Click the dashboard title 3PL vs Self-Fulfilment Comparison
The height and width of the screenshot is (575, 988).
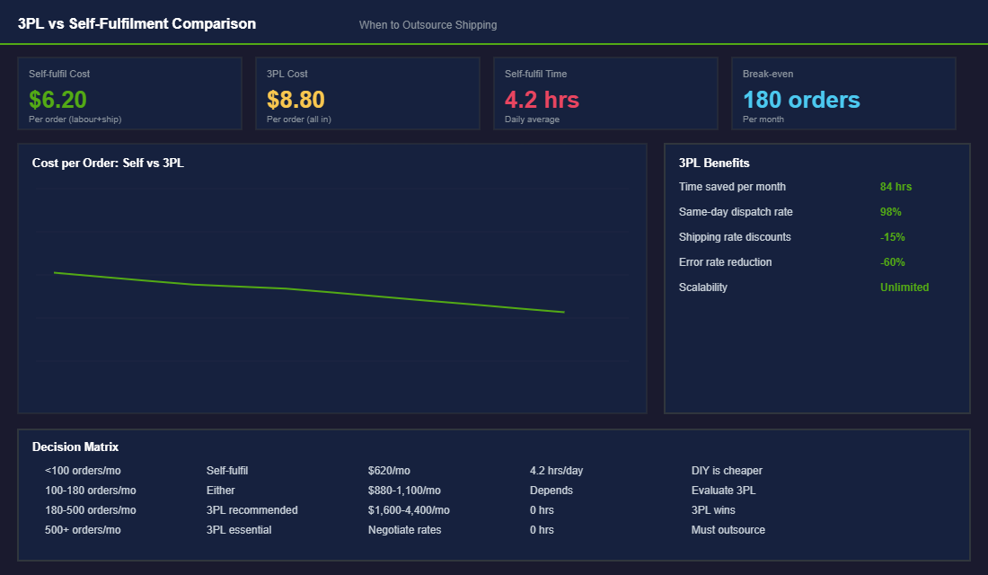(x=137, y=24)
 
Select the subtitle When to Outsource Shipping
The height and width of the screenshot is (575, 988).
(x=428, y=25)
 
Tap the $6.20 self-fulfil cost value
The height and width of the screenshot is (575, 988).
(x=57, y=100)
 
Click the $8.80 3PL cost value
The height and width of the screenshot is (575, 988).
(x=296, y=100)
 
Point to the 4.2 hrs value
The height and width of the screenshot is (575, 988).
(x=542, y=100)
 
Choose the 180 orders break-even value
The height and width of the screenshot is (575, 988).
(x=801, y=100)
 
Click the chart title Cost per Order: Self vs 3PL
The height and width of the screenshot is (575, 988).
(x=108, y=163)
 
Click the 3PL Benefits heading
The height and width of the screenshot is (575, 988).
(x=714, y=163)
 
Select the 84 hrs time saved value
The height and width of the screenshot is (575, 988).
(x=895, y=187)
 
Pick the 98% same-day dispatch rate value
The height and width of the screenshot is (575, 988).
(x=890, y=212)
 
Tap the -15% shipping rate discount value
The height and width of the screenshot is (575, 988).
(x=892, y=237)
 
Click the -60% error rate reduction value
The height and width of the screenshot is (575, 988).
(x=892, y=262)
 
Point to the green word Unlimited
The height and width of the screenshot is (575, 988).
(x=904, y=287)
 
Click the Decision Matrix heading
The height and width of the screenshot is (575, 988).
(x=75, y=447)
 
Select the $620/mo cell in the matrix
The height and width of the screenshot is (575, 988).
(x=389, y=471)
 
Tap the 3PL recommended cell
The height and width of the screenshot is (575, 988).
(x=251, y=510)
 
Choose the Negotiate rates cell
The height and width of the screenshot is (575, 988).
(x=404, y=530)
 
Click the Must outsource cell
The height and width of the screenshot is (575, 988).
(x=728, y=530)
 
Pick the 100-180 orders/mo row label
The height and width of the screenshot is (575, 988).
(x=91, y=491)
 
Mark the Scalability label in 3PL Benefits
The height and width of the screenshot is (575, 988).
(x=703, y=287)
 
